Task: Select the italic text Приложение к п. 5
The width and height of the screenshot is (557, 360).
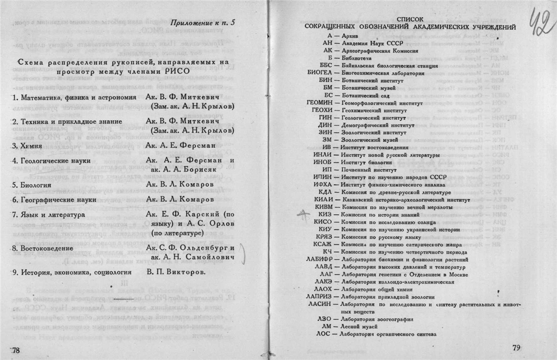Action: [203, 23]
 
